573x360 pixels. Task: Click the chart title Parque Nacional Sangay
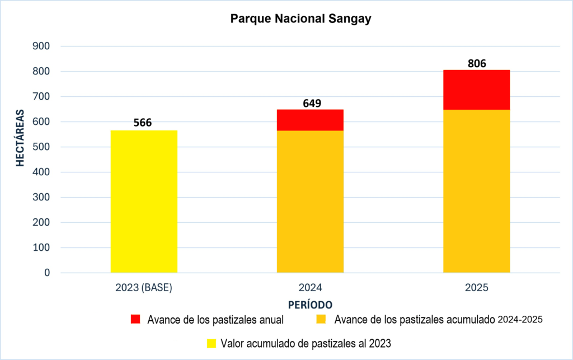pos(300,20)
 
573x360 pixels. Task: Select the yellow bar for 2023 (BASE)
pos(144,202)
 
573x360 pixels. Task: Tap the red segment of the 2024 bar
pos(310,120)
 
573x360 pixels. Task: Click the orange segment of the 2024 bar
pos(310,202)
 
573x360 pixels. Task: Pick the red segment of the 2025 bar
pos(476,90)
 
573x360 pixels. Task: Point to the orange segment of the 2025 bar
pos(476,190)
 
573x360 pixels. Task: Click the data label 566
pos(142,123)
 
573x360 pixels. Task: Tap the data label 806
pos(476,63)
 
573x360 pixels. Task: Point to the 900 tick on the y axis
pos(41,46)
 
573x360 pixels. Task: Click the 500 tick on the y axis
pos(41,147)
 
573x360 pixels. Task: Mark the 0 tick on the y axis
pos(47,273)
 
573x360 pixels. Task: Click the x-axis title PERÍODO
pos(311,305)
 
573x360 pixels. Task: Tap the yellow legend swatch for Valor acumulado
pos(212,343)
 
